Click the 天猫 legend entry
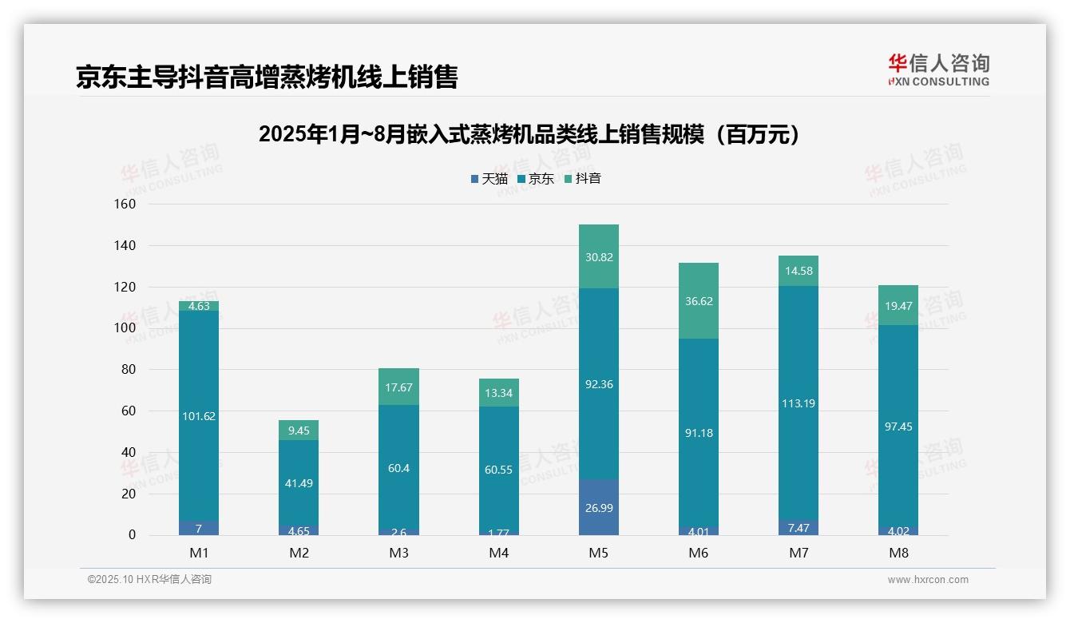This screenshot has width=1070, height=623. point(489,179)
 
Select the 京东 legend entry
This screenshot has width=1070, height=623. point(536,179)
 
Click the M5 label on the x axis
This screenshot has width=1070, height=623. point(598,553)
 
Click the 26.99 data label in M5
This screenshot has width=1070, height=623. point(598,508)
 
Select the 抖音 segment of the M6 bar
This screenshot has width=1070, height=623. point(698,300)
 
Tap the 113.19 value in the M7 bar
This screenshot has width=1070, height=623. point(798,403)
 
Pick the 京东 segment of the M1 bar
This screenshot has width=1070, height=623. point(199,415)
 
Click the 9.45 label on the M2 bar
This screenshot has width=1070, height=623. point(299,431)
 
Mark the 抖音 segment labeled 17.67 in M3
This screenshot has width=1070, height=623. point(398,387)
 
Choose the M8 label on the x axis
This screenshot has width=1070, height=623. point(898,553)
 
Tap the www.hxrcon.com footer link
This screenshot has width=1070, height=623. point(928,580)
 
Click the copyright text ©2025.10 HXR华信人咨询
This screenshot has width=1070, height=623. point(149,580)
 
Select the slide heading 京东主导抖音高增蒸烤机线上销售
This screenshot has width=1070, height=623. point(267,77)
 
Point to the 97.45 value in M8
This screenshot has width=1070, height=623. point(898,427)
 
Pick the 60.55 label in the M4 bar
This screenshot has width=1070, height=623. point(498,470)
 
